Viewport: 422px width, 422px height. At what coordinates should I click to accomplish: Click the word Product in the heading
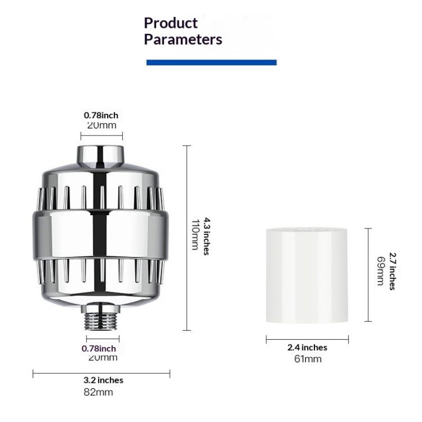coord(170,23)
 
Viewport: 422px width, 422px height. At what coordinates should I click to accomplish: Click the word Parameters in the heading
coord(183,39)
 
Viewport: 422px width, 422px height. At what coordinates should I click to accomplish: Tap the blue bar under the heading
coord(212,62)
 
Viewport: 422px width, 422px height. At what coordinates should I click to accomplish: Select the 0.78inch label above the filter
coord(101,115)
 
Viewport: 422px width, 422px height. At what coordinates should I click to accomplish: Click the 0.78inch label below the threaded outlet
coord(99,349)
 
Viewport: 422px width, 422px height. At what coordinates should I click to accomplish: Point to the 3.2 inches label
coord(103,380)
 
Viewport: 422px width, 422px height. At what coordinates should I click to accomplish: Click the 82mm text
coord(98,392)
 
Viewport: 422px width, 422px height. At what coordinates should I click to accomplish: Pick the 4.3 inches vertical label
coord(206,236)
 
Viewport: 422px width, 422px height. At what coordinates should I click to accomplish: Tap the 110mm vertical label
coord(195,235)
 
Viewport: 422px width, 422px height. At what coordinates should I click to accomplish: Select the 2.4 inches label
coord(308,348)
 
